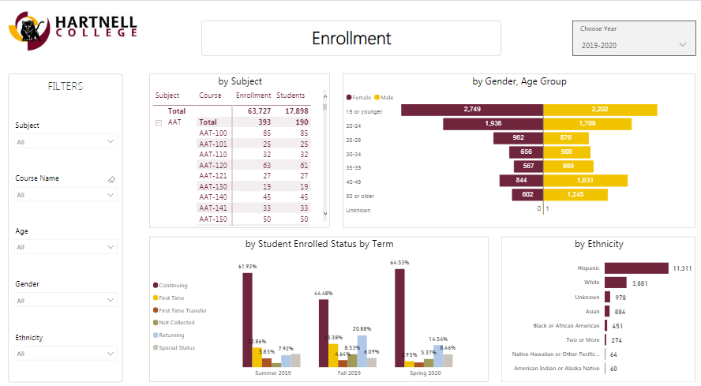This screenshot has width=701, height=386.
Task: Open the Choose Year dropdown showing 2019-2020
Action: pyautogui.click(x=635, y=45)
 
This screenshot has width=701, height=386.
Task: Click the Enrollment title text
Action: pyautogui.click(x=351, y=39)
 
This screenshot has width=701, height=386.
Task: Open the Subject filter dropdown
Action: pyautogui.click(x=66, y=142)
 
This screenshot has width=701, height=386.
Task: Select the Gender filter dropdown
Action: pyautogui.click(x=66, y=301)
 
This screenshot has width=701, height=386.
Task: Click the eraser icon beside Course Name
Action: pyautogui.click(x=111, y=180)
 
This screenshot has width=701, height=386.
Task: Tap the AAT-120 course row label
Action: pyautogui.click(x=213, y=166)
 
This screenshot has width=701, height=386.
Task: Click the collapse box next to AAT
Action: pyautogui.click(x=159, y=123)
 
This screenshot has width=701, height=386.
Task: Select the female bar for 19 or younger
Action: pyautogui.click(x=472, y=109)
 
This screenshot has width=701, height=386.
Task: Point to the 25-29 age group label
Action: pyautogui.click(x=353, y=138)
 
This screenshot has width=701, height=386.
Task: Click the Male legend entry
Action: pyautogui.click(x=386, y=97)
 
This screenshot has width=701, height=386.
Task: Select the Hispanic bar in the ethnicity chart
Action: pyautogui.click(x=636, y=268)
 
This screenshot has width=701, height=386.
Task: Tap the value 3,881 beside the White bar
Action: pyautogui.click(x=640, y=283)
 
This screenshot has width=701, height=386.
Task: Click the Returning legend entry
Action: pyautogui.click(x=172, y=335)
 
